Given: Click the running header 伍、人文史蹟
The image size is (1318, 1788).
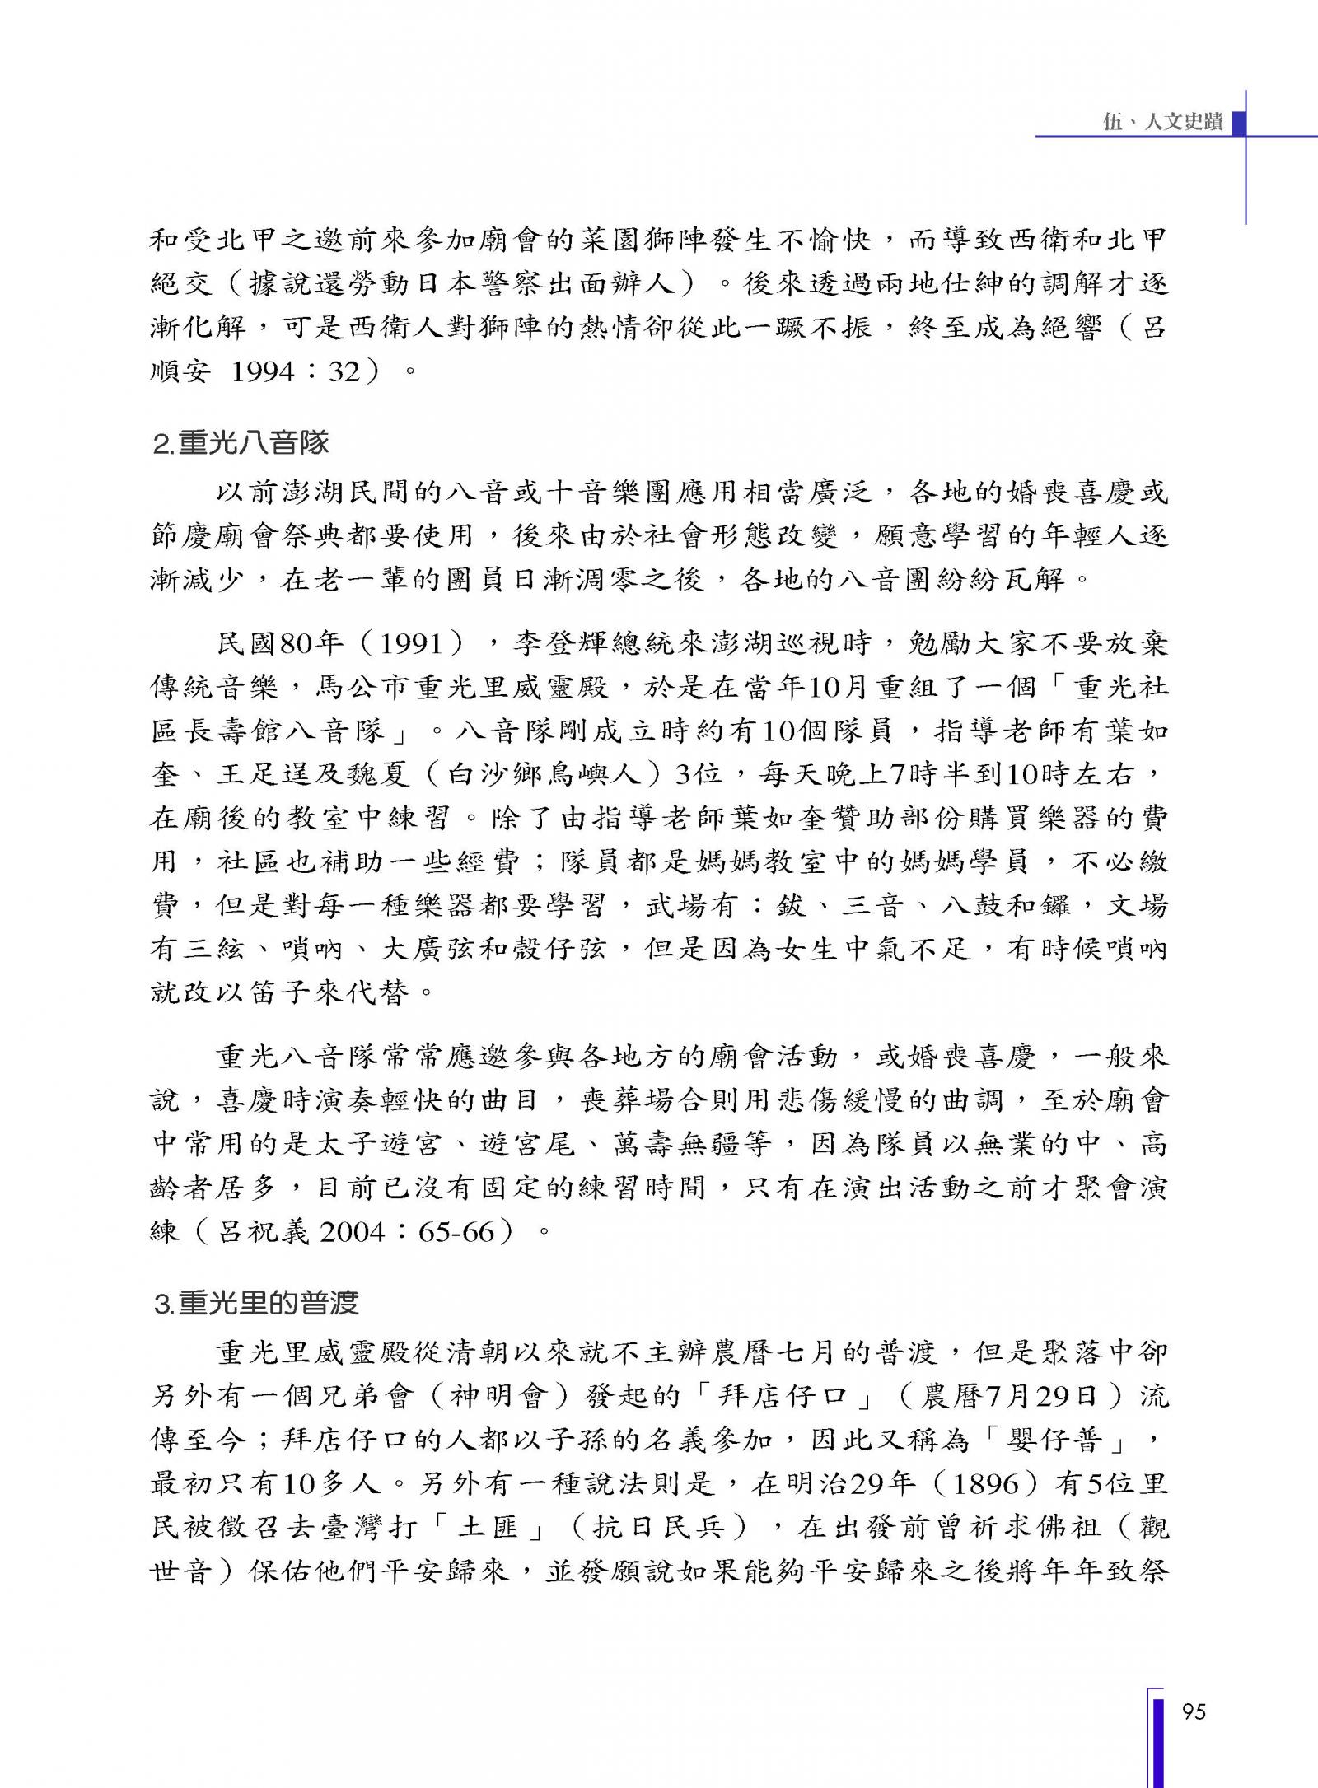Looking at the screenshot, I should coord(1162,122).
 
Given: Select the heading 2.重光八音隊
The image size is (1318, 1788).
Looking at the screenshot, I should coord(241,443).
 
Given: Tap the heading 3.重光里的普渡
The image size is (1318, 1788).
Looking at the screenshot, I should coord(256,1303).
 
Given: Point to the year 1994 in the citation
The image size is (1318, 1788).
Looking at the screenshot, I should coord(263,372).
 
